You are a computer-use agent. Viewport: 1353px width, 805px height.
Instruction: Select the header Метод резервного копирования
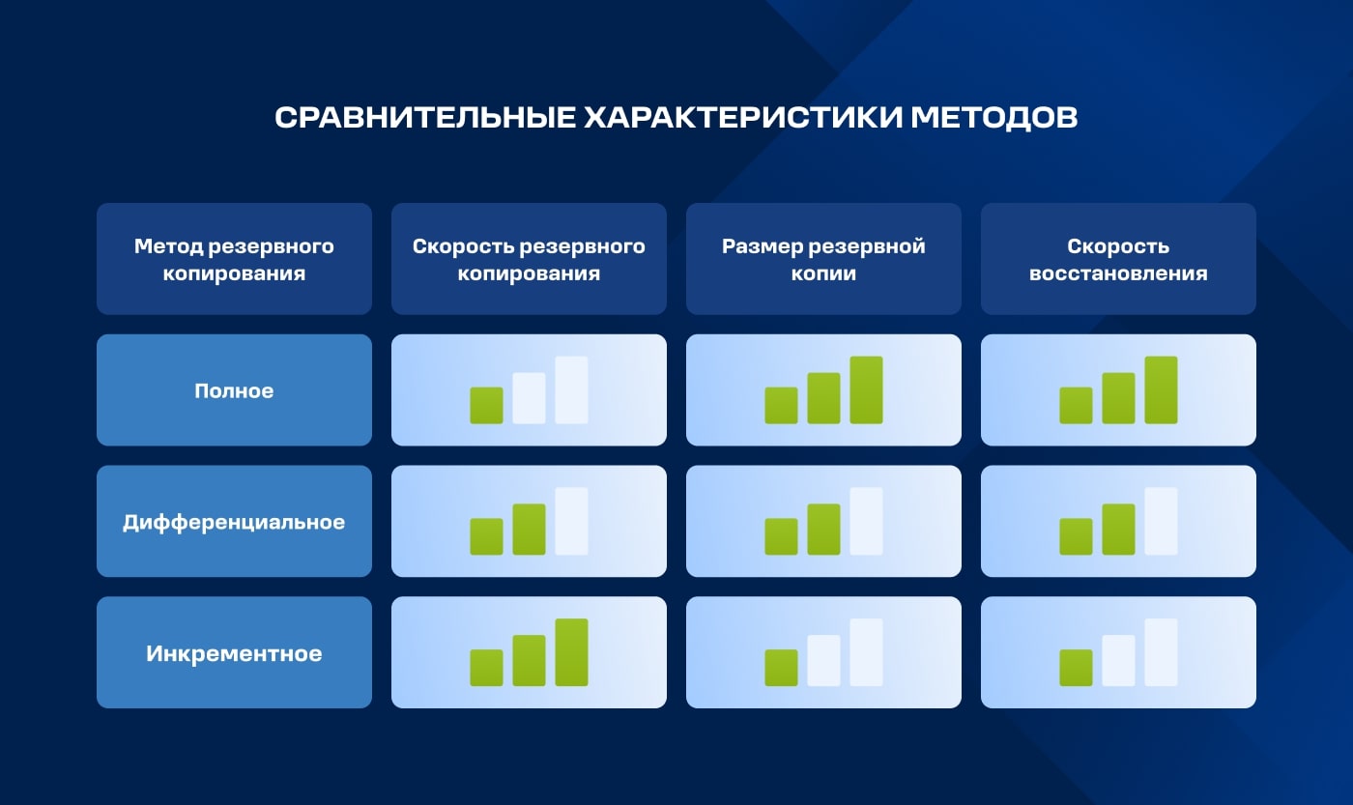point(234,259)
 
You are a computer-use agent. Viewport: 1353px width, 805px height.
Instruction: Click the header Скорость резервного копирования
point(529,259)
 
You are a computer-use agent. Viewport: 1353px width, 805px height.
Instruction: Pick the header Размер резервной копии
point(823,259)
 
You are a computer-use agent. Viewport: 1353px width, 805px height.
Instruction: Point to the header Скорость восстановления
point(1118,259)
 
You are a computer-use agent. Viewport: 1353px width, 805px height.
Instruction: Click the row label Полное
point(234,390)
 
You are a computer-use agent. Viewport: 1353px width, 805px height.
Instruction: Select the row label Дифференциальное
point(234,522)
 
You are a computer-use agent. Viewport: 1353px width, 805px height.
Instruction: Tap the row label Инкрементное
point(234,653)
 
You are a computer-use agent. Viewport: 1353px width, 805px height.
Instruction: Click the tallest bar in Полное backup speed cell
point(571,390)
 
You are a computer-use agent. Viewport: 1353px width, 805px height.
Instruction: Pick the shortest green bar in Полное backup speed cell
point(486,406)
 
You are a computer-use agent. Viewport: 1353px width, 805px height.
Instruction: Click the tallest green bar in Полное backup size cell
point(866,390)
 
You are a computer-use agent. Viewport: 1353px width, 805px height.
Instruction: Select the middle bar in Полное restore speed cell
point(1118,398)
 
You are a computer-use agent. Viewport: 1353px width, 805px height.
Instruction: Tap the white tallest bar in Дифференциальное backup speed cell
point(571,522)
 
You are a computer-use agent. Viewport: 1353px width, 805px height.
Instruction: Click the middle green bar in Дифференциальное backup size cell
point(823,530)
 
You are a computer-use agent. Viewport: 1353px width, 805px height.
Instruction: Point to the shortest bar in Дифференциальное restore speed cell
point(1076,537)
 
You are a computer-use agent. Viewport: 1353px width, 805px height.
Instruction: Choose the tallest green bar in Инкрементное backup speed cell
point(571,652)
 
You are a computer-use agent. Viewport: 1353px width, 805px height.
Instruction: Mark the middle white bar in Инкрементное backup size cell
point(823,661)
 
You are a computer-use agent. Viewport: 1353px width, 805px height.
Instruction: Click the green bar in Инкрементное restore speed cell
point(1076,668)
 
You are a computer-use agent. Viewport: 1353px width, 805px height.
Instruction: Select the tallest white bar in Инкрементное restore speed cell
point(1161,652)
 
